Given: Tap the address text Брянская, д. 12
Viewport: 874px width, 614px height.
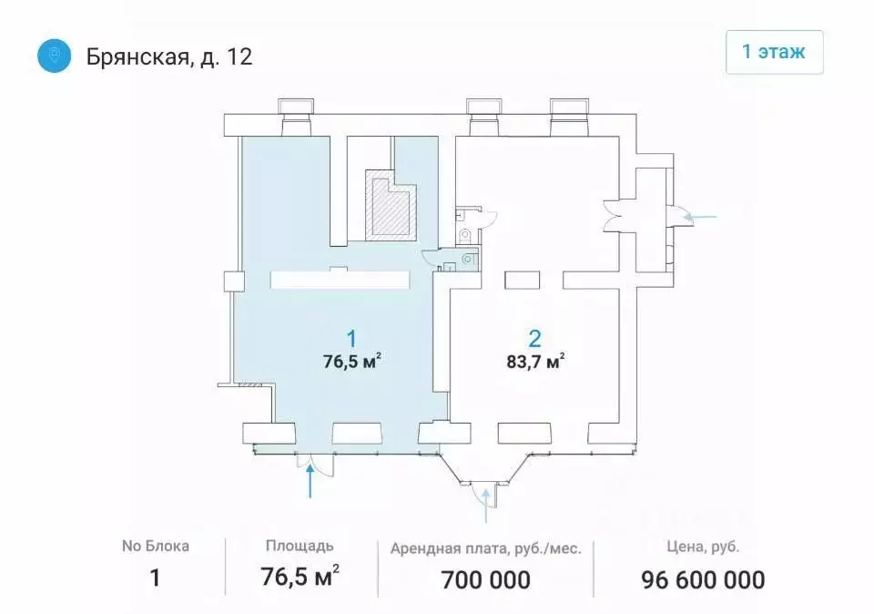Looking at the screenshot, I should click(169, 57).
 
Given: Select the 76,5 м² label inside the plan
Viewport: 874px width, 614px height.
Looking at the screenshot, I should click(351, 360).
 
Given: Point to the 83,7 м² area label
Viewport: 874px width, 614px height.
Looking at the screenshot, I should click(534, 361).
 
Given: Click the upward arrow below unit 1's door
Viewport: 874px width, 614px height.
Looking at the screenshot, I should click(312, 482).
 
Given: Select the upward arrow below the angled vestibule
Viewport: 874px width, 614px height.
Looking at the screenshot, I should click(487, 505).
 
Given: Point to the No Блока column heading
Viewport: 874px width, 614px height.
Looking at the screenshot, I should click(155, 547).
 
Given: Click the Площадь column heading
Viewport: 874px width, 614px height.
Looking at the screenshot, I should click(300, 547).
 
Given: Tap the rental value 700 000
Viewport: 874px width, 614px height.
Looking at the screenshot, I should click(485, 578).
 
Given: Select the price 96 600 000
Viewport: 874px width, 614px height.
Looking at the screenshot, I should click(702, 578).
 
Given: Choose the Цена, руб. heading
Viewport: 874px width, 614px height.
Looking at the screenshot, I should click(702, 547).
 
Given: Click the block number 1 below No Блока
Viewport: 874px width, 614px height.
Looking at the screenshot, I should click(155, 578).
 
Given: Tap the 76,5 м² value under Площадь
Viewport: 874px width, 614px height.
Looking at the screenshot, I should click(300, 578).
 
